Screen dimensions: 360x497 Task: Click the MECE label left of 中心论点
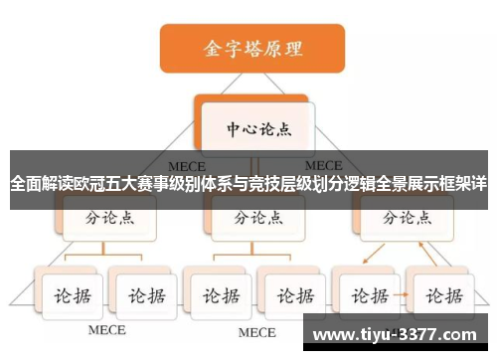click(x=186, y=165)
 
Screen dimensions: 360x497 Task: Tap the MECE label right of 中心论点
click(x=324, y=165)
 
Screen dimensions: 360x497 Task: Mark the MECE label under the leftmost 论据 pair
click(x=106, y=330)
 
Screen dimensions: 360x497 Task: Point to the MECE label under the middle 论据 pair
click(x=256, y=331)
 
